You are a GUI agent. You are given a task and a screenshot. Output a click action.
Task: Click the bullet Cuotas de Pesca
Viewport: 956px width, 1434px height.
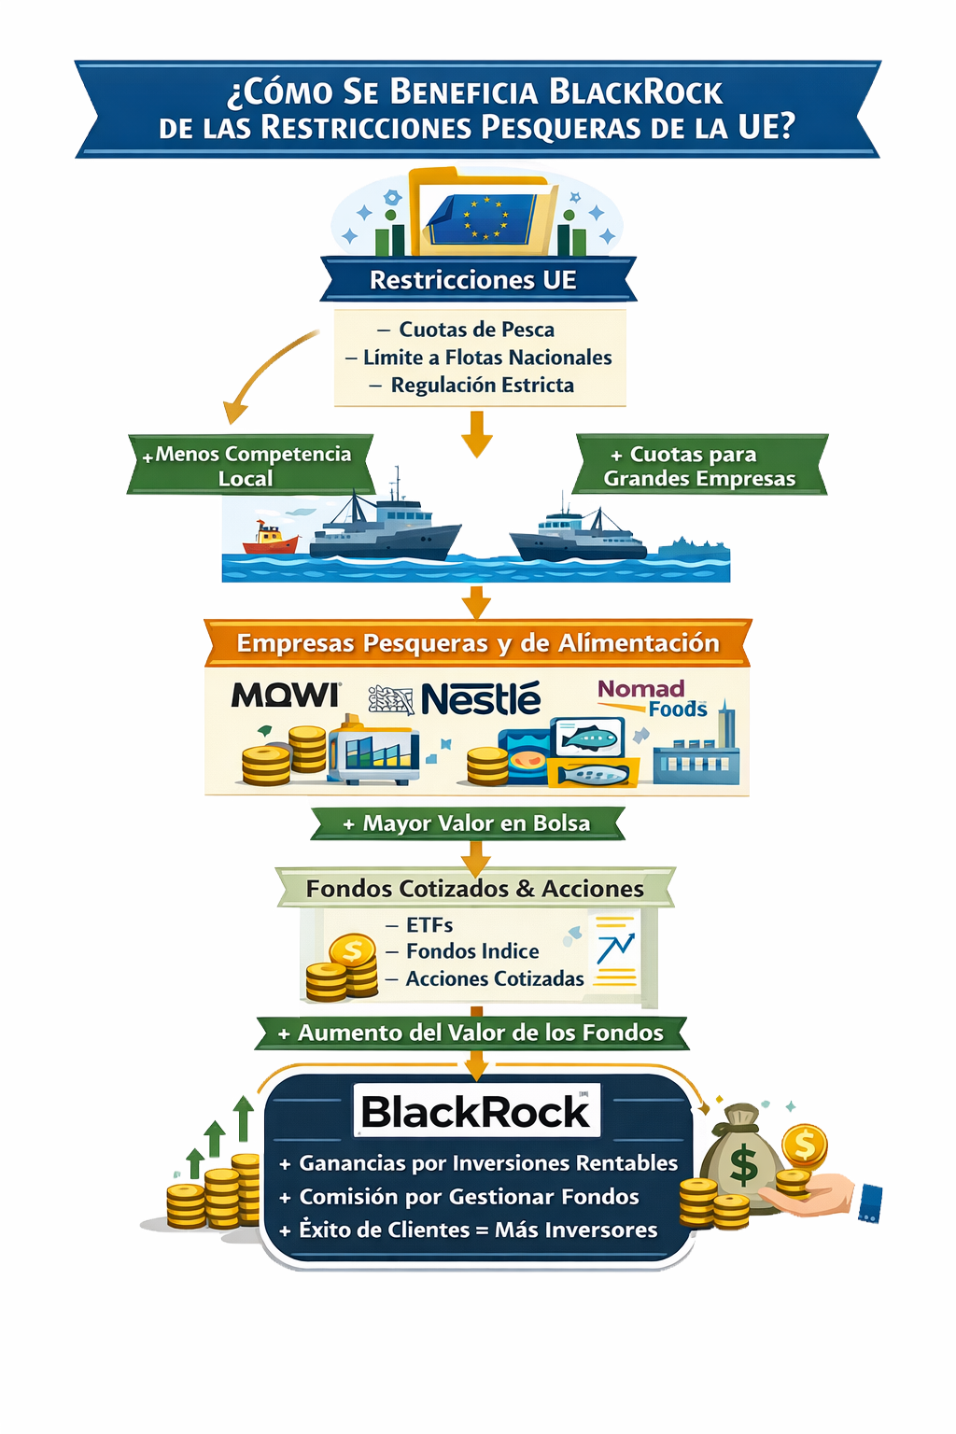[476, 330]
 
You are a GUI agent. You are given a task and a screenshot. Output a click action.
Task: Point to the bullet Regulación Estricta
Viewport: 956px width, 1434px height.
[482, 385]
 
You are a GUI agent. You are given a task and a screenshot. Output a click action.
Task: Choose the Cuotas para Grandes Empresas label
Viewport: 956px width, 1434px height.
[698, 466]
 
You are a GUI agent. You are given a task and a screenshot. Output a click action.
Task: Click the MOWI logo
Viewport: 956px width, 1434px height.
[286, 695]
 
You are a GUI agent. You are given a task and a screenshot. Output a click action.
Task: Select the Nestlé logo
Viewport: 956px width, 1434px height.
[480, 698]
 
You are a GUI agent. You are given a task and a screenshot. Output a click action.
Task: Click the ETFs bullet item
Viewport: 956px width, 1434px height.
[429, 925]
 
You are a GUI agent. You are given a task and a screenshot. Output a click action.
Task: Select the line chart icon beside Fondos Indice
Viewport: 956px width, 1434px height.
[614, 949]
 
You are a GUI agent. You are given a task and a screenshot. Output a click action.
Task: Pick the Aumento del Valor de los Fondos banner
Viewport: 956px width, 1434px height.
[471, 1033]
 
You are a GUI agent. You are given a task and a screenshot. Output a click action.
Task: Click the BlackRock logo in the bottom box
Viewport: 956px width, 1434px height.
[476, 1111]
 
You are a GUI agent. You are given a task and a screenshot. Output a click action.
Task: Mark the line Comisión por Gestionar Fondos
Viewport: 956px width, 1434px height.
[469, 1197]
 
